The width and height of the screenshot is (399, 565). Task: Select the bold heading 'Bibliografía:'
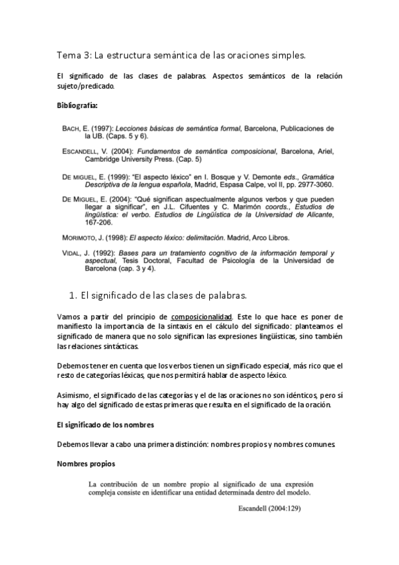point(77,105)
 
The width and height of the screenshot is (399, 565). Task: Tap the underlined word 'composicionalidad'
point(200,316)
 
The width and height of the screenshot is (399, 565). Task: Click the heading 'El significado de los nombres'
point(105,426)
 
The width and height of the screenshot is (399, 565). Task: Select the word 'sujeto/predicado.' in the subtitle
point(87,86)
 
